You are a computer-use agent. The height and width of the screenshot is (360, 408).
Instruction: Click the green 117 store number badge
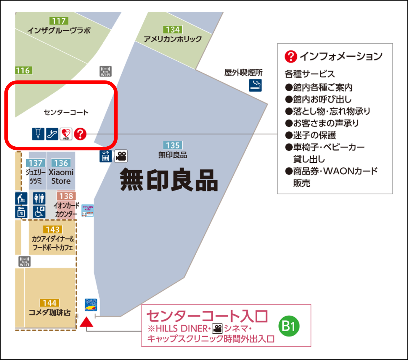59,21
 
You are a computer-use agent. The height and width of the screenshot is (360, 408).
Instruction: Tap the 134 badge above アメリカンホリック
173,30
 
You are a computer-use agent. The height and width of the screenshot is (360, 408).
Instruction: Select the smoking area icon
255,85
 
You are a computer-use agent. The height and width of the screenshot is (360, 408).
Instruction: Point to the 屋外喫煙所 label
243,73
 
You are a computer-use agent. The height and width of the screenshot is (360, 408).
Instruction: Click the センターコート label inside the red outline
66,112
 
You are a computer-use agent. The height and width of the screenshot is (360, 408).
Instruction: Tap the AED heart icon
66,134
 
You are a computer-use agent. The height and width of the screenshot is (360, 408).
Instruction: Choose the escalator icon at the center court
52,134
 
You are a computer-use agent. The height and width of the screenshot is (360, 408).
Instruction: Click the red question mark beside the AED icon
80,134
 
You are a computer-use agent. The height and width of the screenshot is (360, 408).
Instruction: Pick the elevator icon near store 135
106,156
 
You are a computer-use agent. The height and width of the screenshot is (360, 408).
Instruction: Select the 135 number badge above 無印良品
173,145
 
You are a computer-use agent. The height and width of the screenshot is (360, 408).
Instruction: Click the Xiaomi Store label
61,177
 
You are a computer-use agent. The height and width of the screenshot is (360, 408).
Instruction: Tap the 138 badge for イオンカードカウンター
66,196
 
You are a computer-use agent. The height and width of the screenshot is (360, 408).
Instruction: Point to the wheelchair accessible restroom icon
39,212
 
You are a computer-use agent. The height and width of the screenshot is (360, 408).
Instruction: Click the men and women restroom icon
39,198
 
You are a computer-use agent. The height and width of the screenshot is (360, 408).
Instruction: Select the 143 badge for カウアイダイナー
53,230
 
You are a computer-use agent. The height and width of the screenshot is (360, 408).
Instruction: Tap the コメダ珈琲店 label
50,313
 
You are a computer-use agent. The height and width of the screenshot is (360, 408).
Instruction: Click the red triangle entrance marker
86,322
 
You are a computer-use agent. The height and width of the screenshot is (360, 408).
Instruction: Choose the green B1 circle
289,326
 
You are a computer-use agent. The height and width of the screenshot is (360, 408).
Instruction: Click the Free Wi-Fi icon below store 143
25,261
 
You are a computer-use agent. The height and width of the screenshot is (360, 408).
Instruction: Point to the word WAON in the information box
339,171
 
